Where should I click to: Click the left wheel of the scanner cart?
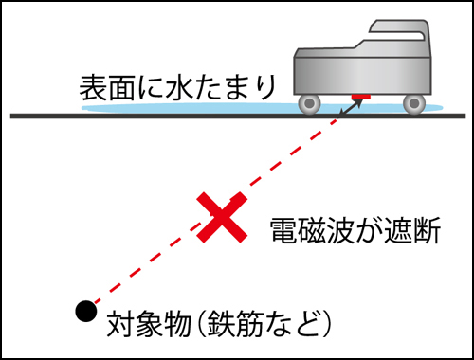coord(309,100)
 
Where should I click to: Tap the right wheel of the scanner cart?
coord(413,100)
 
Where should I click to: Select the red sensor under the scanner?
coord(360,97)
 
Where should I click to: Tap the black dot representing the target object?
coord(86,309)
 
